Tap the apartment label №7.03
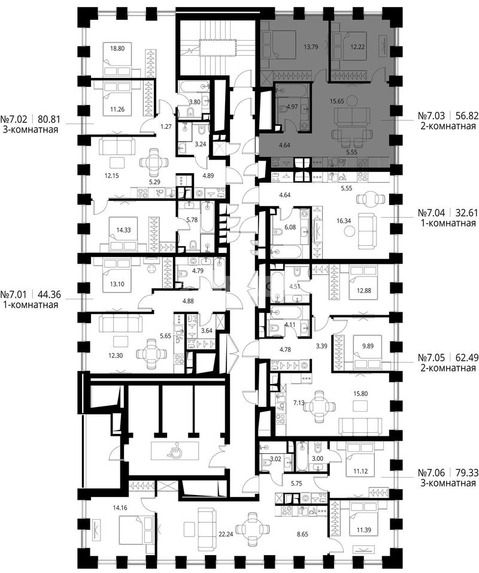(x=431, y=116)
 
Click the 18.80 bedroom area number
(x=117, y=48)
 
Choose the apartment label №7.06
(x=431, y=473)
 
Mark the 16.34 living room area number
(x=344, y=221)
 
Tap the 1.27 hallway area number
(x=166, y=127)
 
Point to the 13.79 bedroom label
(x=311, y=47)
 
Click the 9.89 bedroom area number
(x=368, y=346)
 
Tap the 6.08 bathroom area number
(x=290, y=227)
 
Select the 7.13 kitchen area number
(x=299, y=403)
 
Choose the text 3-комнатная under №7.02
(x=31, y=129)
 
